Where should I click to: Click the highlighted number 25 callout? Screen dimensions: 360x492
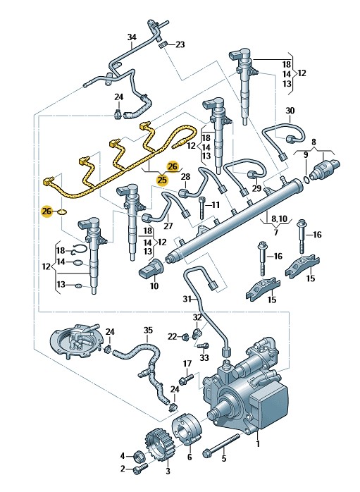(163, 180)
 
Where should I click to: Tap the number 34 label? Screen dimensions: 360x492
(132, 37)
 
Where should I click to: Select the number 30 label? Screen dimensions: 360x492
(290, 111)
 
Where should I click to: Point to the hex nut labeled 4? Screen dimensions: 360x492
(139, 455)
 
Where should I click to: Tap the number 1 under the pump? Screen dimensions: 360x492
(258, 444)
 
